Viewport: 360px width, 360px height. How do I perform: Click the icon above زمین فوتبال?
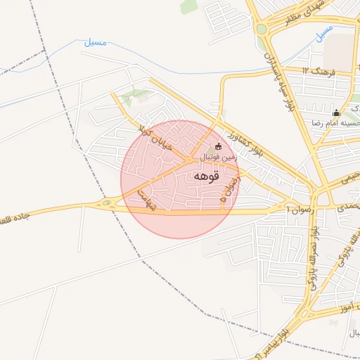click(218, 146)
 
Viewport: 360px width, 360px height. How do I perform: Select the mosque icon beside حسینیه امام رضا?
click(336, 112)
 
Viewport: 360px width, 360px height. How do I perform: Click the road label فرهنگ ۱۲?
click(319, 71)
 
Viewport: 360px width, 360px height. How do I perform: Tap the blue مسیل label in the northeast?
click(324, 32)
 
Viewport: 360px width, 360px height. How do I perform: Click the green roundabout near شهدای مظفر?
click(262, 29)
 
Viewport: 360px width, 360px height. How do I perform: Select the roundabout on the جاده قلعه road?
click(107, 204)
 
